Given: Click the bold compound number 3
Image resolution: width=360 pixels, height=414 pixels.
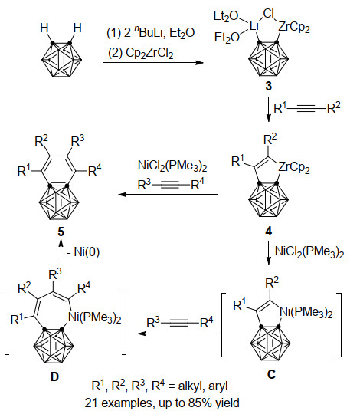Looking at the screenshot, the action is pos(268,87).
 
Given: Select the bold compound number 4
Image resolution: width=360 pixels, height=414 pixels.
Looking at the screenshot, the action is pos(269,232).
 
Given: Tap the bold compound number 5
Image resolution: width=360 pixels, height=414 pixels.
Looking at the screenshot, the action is pos(61,232).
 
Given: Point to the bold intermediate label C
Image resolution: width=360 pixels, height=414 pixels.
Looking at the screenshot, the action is pos(271,374).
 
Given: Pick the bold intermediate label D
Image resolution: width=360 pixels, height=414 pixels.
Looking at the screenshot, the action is pos(54,376).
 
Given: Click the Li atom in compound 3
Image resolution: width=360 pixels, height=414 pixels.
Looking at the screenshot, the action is pos(254,27).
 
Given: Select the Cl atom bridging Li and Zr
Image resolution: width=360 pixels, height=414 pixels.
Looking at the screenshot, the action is pos(269,14).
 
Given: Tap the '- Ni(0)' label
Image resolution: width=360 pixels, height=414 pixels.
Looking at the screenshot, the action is pos(83,251).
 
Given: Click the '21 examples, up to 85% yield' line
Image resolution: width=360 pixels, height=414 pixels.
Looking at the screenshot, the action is pos(162,403).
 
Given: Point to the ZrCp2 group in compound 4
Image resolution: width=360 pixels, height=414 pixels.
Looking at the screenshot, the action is pos(294,167).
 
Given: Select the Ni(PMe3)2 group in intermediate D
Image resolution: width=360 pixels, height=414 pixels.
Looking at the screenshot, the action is pos(95,317).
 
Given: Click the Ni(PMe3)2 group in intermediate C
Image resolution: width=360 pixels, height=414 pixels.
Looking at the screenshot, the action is pos(306,312).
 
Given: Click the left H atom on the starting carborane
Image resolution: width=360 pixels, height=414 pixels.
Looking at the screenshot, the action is pos(44,28).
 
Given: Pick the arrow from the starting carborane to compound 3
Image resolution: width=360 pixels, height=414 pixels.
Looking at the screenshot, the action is pos(153,63).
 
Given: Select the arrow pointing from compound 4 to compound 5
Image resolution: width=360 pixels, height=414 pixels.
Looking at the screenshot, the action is pos(169,195).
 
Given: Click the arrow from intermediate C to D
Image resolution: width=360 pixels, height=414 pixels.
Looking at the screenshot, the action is pos(177,333).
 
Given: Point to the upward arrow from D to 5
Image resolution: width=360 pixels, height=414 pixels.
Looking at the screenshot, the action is pos(61,249).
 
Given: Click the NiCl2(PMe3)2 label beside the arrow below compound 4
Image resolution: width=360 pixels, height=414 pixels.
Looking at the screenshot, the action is pos(309,251).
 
